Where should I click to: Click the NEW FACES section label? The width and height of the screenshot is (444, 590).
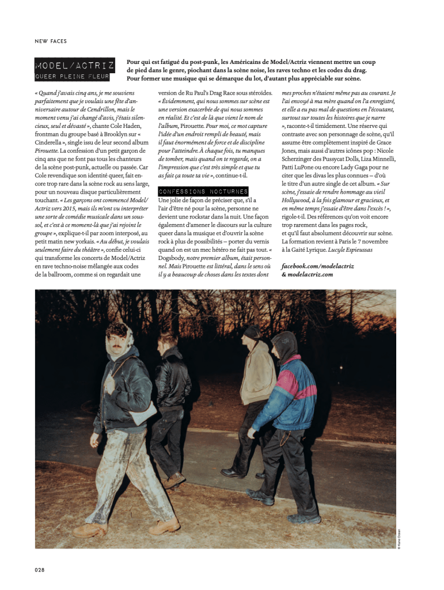tap(51, 41)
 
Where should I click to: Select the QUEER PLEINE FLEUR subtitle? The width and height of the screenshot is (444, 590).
tap(72, 77)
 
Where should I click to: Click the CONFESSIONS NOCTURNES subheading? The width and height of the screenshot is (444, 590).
tap(203, 191)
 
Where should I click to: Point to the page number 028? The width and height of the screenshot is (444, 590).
tap(40, 570)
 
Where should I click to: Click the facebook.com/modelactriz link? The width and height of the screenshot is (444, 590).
tap(317, 266)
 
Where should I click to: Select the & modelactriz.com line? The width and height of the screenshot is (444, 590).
tap(307, 275)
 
